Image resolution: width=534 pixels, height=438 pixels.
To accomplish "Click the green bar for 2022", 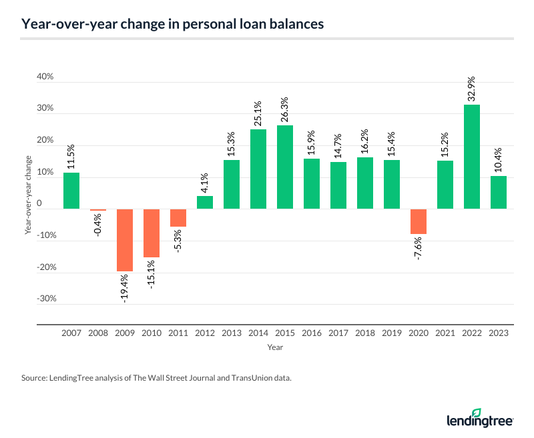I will (x=471, y=157).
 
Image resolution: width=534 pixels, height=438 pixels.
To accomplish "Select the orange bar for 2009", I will (x=125, y=240).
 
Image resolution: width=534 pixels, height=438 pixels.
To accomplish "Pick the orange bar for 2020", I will (x=419, y=221).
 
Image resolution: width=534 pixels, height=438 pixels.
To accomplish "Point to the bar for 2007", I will (x=71, y=191).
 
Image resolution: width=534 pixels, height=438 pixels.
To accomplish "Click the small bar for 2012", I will (x=205, y=203).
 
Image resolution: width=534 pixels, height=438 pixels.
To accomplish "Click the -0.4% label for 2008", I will (x=98, y=225).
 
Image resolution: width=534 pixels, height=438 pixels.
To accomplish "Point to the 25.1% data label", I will (x=258, y=109).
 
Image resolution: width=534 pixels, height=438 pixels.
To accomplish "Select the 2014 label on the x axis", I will (x=258, y=332).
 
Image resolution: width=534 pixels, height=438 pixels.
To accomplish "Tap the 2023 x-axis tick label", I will (x=499, y=332).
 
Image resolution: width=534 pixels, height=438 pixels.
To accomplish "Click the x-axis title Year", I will (x=276, y=347).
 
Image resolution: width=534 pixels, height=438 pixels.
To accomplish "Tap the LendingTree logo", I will (x=479, y=418).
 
